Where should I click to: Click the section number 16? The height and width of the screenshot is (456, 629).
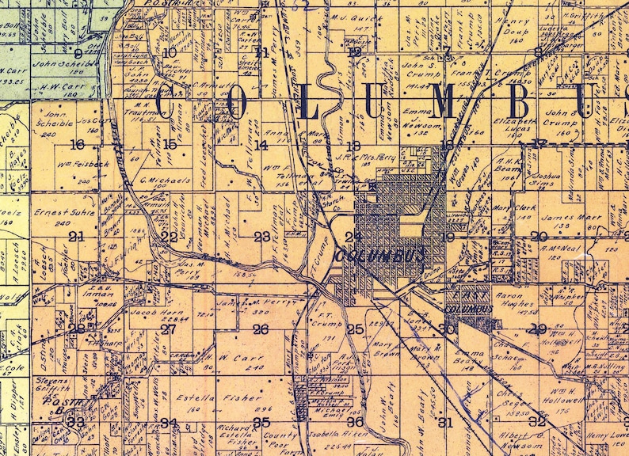coord(77,145)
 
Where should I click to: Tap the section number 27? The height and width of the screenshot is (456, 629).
coord(168,329)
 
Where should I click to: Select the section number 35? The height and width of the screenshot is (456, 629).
coord(261,422)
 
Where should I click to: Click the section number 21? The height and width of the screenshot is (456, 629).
coord(77,237)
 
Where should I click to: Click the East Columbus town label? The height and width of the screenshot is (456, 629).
coord(464,304)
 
